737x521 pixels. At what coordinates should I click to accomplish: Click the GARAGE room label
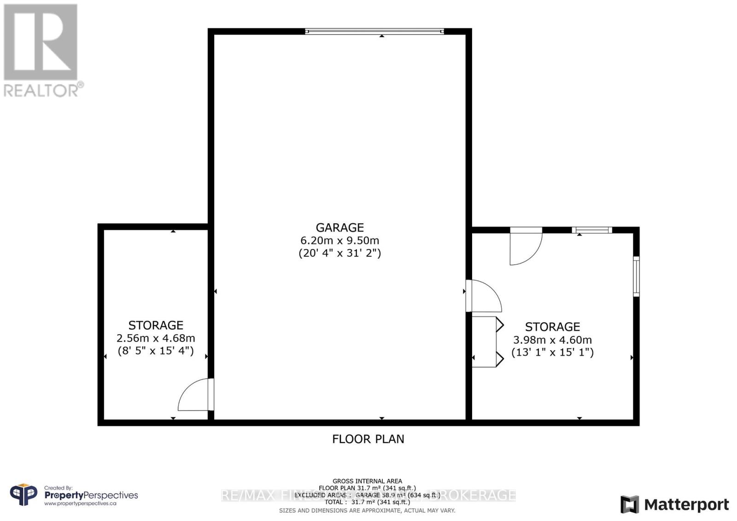click(339, 227)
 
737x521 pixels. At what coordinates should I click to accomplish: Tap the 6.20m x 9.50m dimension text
click(339, 240)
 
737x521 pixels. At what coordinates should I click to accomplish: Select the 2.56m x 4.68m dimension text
click(156, 338)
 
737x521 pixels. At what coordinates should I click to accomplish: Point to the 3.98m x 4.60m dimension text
click(552, 340)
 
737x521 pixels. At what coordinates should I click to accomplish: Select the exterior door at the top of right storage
click(526, 246)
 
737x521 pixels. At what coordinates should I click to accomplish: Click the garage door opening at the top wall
click(374, 31)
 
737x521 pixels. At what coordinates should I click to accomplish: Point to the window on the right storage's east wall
click(636, 276)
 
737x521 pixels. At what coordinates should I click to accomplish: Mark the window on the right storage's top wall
click(592, 230)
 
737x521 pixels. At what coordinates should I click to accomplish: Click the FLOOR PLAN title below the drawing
click(368, 439)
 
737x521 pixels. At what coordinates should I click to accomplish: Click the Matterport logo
click(674, 504)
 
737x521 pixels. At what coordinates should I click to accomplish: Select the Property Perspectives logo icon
click(24, 495)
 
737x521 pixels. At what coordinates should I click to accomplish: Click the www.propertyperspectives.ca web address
click(80, 504)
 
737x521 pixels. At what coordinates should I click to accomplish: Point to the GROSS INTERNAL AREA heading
click(367, 481)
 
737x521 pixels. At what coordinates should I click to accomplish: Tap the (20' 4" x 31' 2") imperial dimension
click(339, 253)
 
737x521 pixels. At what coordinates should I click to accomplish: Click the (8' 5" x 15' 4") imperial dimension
click(156, 351)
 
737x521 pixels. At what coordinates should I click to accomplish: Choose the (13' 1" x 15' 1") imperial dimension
click(552, 352)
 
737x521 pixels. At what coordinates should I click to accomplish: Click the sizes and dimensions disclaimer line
click(367, 510)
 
